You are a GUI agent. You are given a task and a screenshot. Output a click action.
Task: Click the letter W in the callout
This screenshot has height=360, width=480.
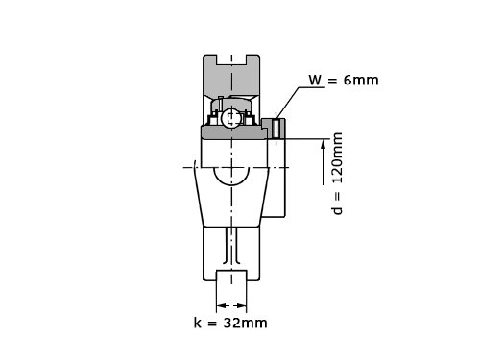(x=315, y=80)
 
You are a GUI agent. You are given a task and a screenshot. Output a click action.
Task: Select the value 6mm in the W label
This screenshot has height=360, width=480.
(x=361, y=80)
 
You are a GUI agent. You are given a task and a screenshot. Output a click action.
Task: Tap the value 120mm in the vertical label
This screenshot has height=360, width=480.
(x=337, y=158)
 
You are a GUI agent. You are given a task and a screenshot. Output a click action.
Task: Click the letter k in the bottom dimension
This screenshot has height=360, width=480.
(x=198, y=323)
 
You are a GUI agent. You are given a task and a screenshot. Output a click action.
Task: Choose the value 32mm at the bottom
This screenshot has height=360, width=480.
(x=246, y=323)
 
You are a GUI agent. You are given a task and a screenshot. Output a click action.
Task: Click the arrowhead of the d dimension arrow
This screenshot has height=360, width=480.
(x=324, y=145)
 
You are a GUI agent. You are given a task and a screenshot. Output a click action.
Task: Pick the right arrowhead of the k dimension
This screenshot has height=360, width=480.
(x=242, y=305)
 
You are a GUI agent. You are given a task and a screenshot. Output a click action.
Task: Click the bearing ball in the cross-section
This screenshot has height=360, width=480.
(x=229, y=118)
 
